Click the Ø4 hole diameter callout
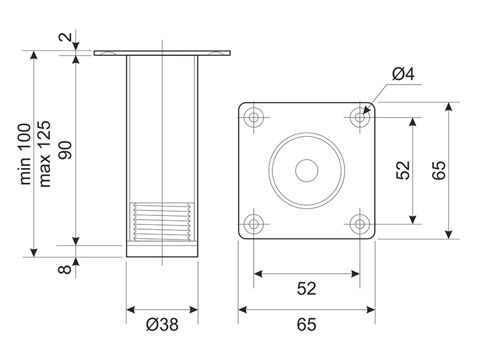point(403,74)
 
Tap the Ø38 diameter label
point(162,325)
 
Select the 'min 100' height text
point(26,155)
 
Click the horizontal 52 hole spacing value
point(307,289)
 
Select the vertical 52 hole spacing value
point(403,170)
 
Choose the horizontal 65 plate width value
point(307,325)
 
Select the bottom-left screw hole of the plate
point(254,224)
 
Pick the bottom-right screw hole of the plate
point(360,224)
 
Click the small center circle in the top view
point(307,170)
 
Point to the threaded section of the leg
point(162,221)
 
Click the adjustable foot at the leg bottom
point(162,250)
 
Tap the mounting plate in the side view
point(162,53)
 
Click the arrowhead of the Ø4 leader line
point(364,112)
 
